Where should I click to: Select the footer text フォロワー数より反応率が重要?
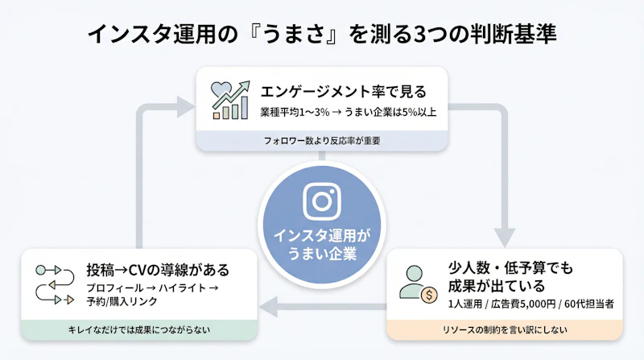tap(321, 140)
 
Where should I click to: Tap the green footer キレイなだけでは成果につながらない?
tap(138, 329)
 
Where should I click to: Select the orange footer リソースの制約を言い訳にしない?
tap(505, 329)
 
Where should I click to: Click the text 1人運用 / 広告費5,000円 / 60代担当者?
tap(531, 304)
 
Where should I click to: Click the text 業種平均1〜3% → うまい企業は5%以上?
tap(349, 111)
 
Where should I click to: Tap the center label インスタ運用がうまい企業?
tap(320, 243)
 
